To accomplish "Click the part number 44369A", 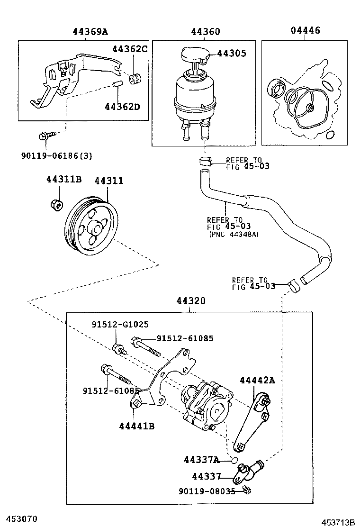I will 90,32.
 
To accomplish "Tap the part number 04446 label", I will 305,31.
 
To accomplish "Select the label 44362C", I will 130,49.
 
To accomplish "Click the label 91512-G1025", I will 120,325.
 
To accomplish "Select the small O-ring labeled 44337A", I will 234,460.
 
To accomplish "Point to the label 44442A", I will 257,380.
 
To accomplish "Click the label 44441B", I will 137,426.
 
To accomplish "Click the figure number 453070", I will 19,519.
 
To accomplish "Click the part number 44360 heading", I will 206,32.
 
